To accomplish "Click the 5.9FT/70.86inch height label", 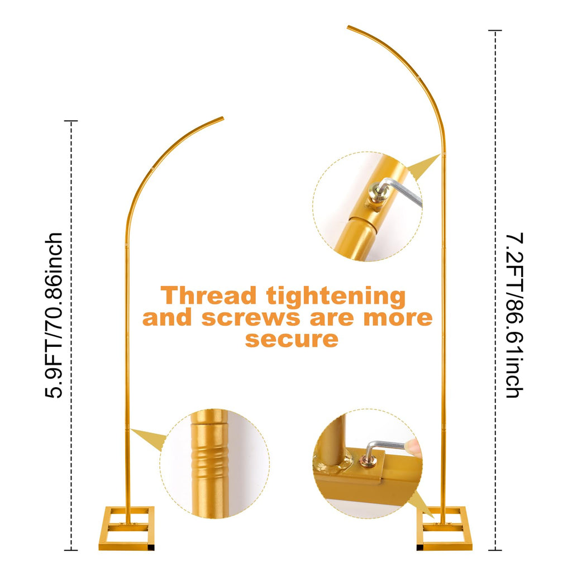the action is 54,315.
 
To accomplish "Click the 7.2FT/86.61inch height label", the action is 514,314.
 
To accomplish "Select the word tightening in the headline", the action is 336,296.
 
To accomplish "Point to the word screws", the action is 251,318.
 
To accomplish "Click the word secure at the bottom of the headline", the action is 292,339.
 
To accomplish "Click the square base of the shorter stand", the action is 126,528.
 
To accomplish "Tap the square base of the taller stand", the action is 444,528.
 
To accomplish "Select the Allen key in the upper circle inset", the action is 401,191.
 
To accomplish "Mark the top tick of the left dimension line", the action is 71,121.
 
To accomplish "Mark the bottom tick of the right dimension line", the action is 495,550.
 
